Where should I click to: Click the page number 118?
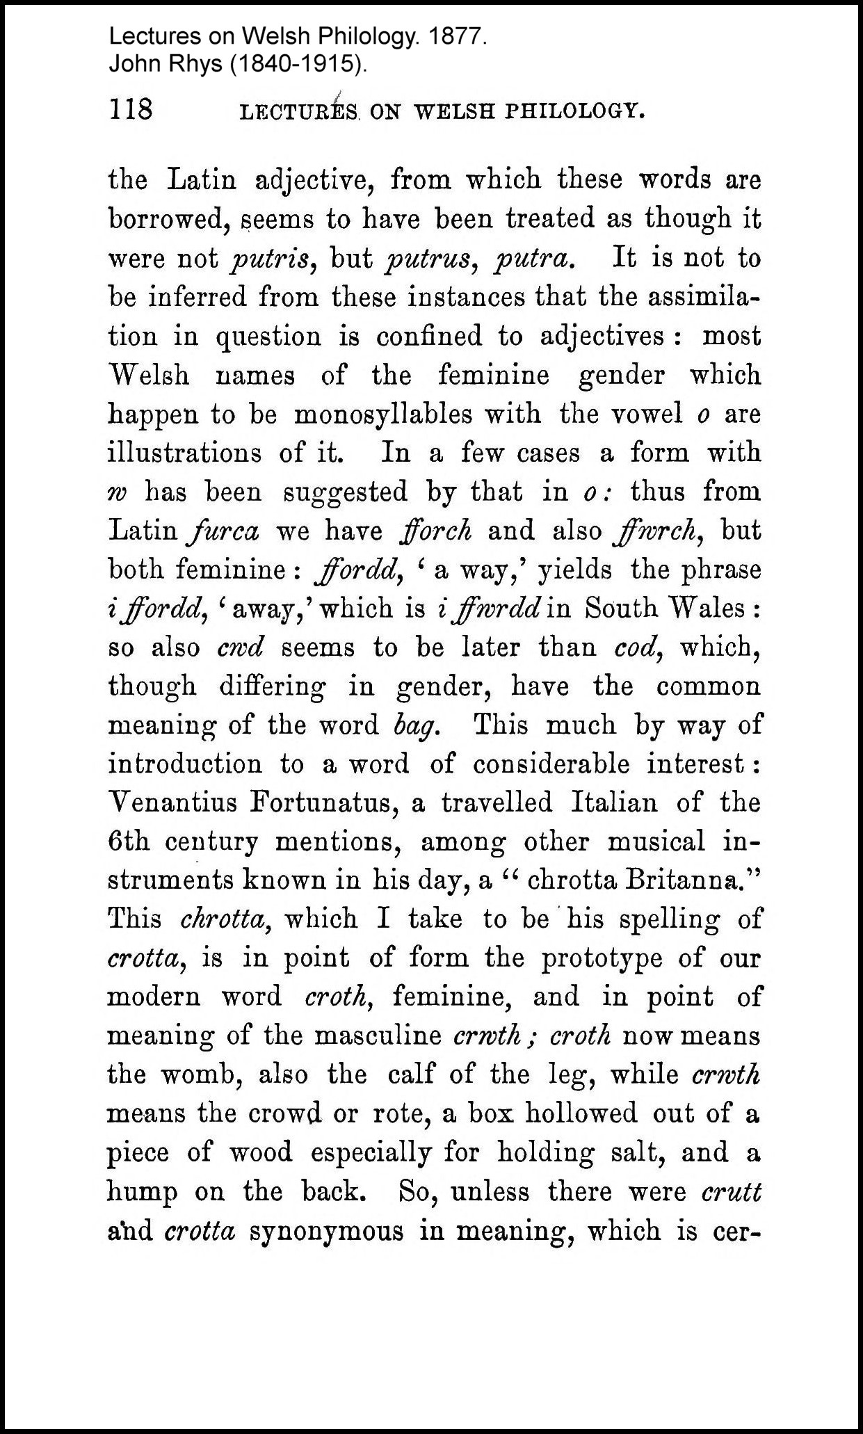point(131,109)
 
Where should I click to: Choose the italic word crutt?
point(732,1192)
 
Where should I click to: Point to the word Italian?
point(614,803)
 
